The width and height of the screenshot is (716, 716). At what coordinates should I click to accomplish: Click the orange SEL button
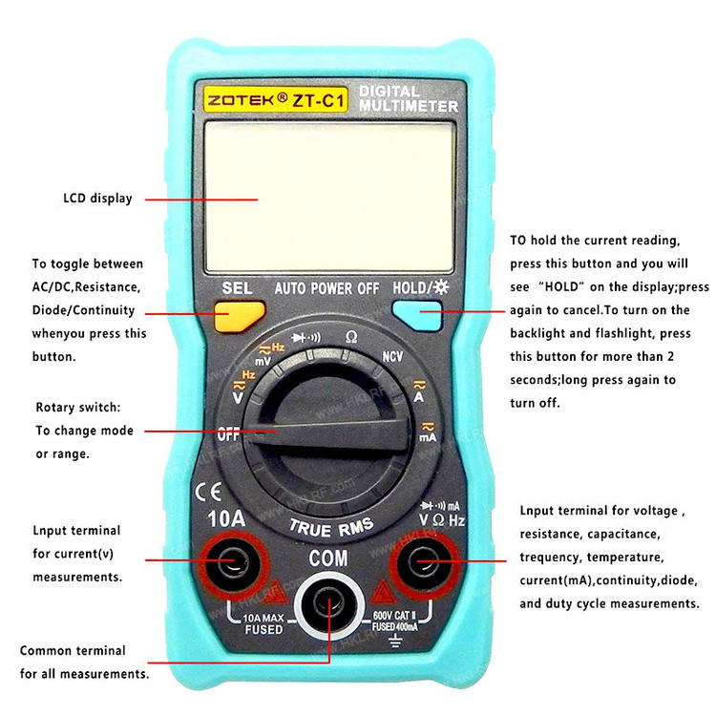[239, 315]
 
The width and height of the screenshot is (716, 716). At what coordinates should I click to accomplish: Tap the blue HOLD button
[416, 314]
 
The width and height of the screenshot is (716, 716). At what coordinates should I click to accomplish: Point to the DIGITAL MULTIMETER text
[409, 98]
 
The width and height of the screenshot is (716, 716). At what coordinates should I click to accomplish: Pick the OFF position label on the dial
[229, 433]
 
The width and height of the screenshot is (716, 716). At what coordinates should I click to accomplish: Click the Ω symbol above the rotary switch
[351, 337]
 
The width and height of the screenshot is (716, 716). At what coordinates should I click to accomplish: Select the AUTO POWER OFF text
[326, 287]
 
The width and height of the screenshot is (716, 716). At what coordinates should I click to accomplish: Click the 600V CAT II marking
[395, 617]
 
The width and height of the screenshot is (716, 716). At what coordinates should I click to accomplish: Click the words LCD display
[97, 199]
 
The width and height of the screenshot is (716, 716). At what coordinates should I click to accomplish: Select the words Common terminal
[73, 651]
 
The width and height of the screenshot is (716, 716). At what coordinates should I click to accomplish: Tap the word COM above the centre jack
[327, 558]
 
